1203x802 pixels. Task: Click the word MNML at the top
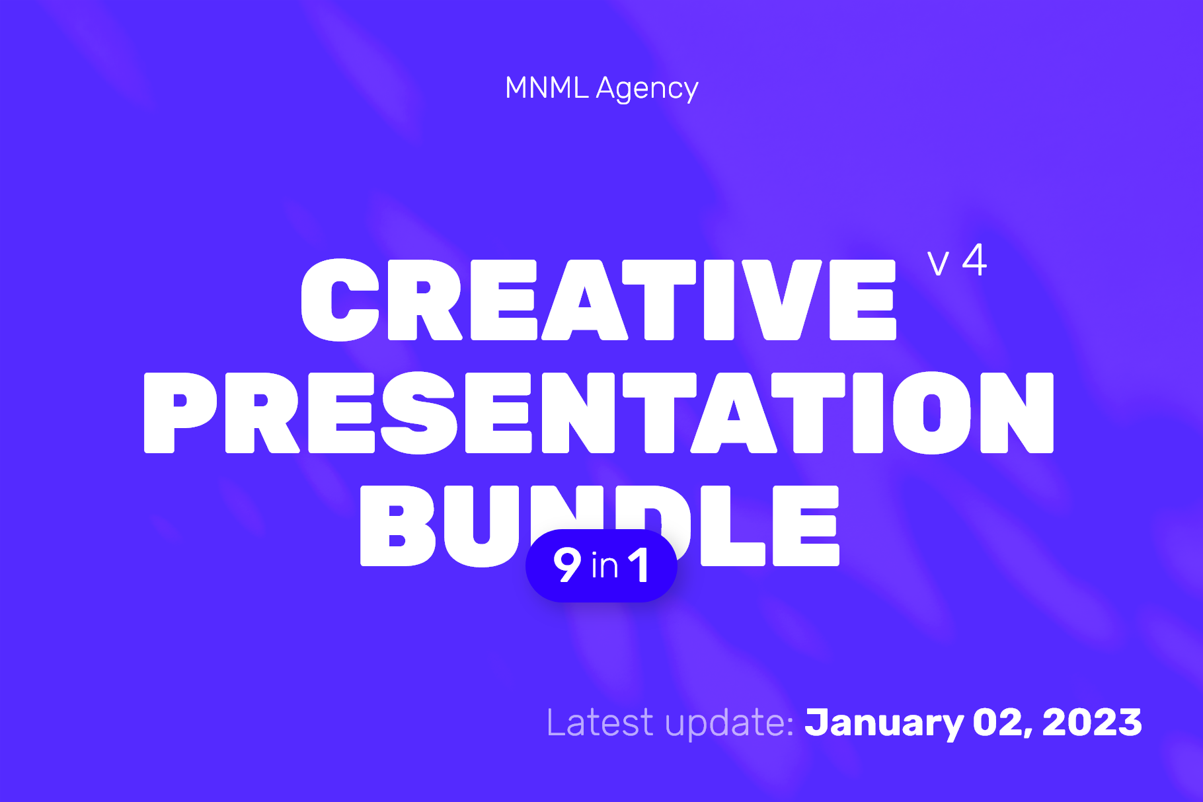[x=547, y=87]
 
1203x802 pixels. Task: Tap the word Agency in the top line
[x=647, y=89]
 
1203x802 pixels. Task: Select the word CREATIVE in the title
[x=598, y=299]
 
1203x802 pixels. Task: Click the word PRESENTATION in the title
[x=599, y=412]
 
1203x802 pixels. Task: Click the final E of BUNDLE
[x=806, y=526]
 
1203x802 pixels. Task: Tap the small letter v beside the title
[x=938, y=263]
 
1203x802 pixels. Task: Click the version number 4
[x=974, y=260]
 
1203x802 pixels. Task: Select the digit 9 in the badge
[x=567, y=565]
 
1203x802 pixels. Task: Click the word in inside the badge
[x=605, y=566]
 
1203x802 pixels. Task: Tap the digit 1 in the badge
[x=639, y=565]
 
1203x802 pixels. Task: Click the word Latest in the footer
[x=600, y=722]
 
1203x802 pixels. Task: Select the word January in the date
[x=884, y=723]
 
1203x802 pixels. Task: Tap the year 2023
[x=1092, y=722]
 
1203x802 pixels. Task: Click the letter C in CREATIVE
[x=340, y=300]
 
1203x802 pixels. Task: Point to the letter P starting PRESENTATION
[x=180, y=413]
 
